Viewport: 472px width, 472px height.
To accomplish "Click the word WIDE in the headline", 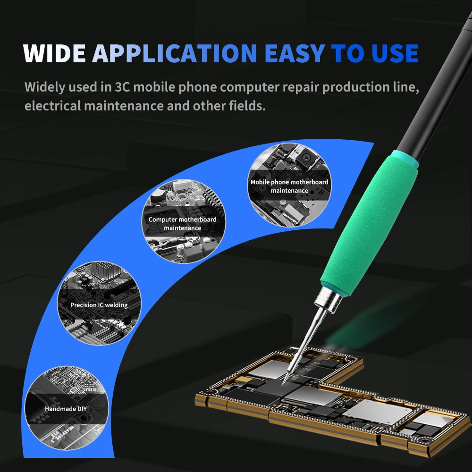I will point(54,53).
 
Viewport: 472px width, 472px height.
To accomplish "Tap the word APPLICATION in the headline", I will point(175,53).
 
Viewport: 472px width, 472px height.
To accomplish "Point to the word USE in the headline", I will point(392,53).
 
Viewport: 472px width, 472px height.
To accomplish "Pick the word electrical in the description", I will point(52,105).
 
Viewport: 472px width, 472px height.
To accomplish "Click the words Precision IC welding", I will point(99,305).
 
